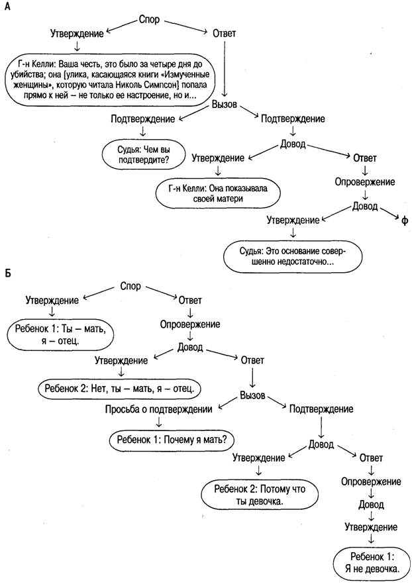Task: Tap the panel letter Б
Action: tap(8, 273)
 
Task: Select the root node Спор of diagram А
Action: tap(149, 19)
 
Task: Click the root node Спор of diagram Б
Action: tap(130, 286)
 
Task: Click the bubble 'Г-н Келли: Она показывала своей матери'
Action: tap(217, 193)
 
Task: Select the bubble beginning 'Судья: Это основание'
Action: tap(292, 257)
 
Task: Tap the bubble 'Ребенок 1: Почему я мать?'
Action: tap(172, 440)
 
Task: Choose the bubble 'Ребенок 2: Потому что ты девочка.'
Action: tap(260, 495)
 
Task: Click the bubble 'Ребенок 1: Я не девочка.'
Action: tap(371, 563)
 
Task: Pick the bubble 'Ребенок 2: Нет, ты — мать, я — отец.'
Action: tap(119, 389)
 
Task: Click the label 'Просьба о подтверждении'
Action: tap(159, 409)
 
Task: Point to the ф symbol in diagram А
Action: tap(404, 221)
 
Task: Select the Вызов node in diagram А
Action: tap(225, 105)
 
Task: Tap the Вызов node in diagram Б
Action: tap(252, 395)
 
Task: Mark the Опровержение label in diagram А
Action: tap(365, 182)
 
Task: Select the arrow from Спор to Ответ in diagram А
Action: tap(185, 26)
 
